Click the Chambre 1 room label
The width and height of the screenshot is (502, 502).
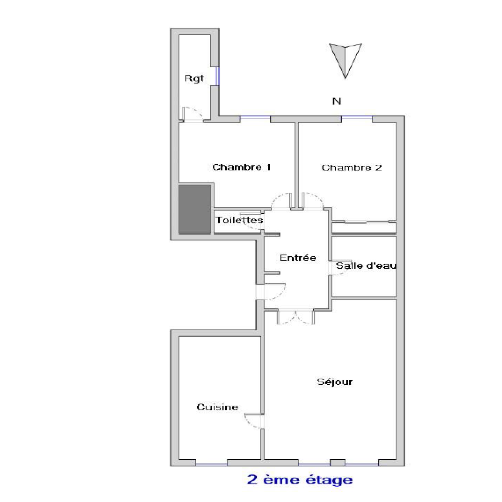click(241, 167)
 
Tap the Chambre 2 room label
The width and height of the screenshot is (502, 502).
click(352, 168)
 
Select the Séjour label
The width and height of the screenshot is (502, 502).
click(334, 382)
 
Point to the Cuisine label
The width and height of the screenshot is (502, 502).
click(217, 407)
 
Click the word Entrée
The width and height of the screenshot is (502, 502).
click(298, 258)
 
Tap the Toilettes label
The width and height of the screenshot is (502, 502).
click(239, 220)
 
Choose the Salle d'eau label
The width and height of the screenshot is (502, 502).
click(366, 266)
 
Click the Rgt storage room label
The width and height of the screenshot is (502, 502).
click(194, 78)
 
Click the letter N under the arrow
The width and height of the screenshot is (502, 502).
click(337, 101)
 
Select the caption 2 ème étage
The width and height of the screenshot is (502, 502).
click(300, 480)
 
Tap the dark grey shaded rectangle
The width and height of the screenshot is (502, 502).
click(195, 209)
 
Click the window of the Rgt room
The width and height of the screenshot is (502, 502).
click(217, 76)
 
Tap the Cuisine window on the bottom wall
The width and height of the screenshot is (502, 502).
click(211, 464)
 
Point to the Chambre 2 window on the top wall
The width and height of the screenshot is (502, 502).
click(357, 118)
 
